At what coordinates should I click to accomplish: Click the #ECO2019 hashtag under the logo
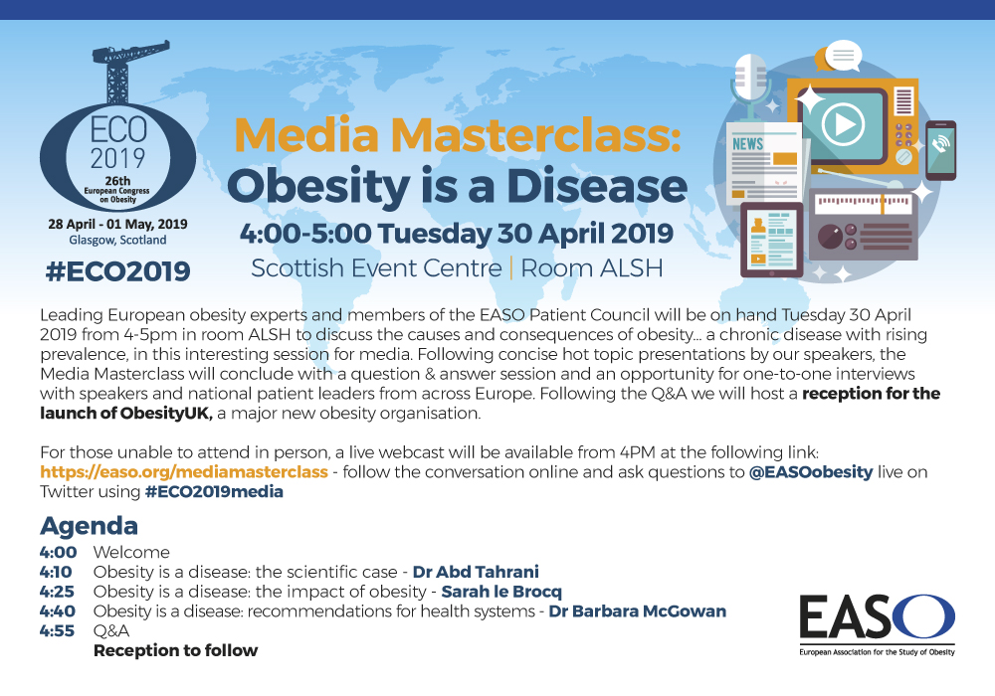tap(118, 271)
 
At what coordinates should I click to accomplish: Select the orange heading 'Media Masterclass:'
tap(458, 134)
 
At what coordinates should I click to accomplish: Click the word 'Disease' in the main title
tap(596, 186)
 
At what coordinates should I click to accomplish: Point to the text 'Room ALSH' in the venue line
tap(591, 268)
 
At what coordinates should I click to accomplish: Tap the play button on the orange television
tap(843, 124)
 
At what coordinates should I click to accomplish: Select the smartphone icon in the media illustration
tap(940, 150)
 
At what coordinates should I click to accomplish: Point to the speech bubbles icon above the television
tap(839, 57)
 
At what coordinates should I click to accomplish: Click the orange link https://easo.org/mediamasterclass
tap(184, 472)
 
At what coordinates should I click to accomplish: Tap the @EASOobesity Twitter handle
tap(811, 472)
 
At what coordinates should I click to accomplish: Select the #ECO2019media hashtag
tap(214, 492)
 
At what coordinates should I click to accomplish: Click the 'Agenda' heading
tap(89, 526)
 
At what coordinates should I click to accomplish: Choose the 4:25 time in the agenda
tap(57, 592)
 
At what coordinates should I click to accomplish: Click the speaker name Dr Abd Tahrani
tap(476, 572)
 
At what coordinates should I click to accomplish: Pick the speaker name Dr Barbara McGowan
tap(637, 611)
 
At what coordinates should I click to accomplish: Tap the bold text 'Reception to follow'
tap(176, 650)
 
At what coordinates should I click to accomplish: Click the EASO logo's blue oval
tap(923, 616)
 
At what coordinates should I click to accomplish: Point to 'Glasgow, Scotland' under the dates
tap(118, 241)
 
